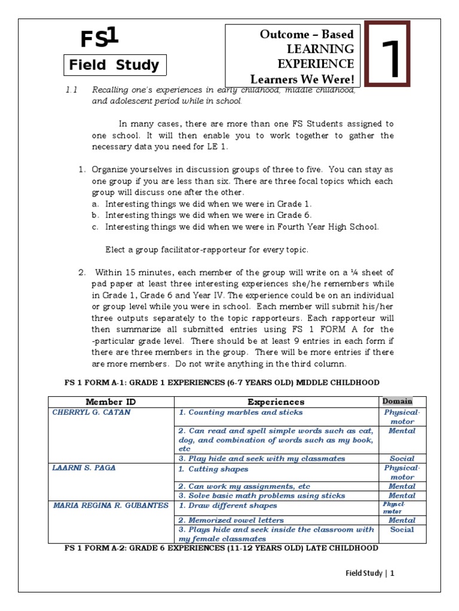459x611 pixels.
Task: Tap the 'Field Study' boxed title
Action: click(x=114, y=66)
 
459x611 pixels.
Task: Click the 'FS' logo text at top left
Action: click(x=100, y=39)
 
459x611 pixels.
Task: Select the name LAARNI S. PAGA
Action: click(x=84, y=468)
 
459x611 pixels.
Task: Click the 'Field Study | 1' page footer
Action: click(x=371, y=573)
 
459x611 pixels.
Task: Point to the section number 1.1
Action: click(x=72, y=90)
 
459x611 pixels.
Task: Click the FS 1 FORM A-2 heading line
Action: click(x=221, y=547)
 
